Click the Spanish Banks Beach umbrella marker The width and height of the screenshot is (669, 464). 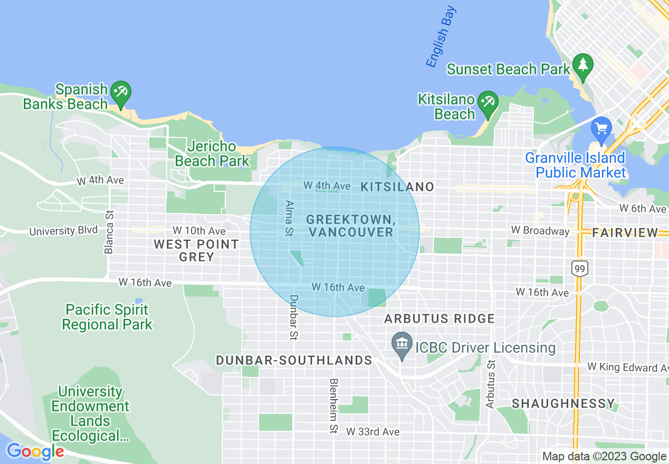coord(121,92)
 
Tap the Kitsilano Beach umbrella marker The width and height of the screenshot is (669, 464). coord(487,101)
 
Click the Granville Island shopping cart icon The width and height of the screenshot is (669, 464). coord(601,128)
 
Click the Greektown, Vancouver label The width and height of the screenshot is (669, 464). coord(351,226)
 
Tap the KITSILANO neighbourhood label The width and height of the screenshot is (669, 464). coord(397,187)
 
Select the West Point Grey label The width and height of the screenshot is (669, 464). coord(196,250)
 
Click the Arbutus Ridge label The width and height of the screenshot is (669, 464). coord(439,318)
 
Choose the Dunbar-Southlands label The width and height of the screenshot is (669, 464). coord(294,360)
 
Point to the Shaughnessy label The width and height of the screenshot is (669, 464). coord(563,404)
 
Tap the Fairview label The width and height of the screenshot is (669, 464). coord(625,233)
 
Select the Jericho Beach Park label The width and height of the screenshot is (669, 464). coord(212,153)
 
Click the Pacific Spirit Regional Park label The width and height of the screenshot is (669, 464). coord(107,317)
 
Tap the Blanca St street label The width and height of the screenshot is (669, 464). coord(109,232)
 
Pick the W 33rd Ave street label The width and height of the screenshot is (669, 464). coord(372,432)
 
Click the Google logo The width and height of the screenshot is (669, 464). coord(35,452)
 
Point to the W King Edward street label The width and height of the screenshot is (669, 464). coord(627,367)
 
